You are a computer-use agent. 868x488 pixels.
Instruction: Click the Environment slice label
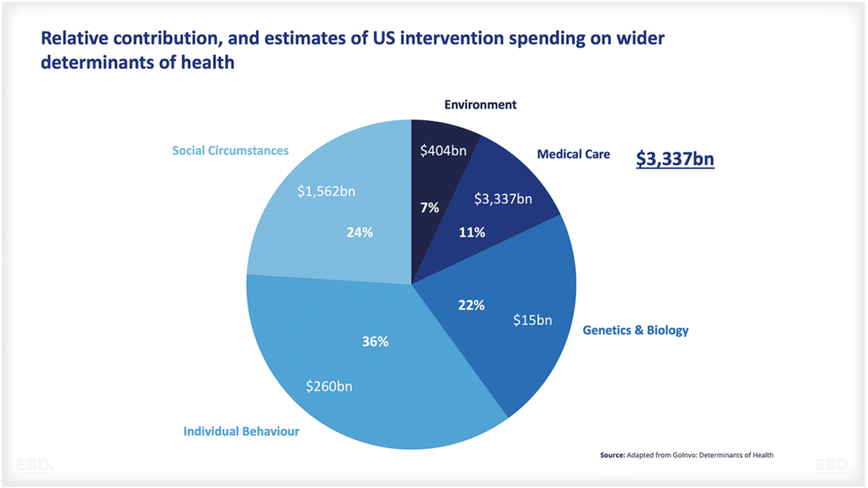(x=480, y=105)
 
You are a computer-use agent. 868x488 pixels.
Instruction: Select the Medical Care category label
(x=573, y=154)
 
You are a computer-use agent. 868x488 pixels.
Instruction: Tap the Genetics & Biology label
(x=635, y=330)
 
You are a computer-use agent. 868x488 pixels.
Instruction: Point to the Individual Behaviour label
(x=241, y=431)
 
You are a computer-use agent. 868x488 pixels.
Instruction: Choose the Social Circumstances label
(x=230, y=151)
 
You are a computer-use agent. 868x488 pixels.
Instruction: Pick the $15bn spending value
(x=532, y=320)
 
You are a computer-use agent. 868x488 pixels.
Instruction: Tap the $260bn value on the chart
(x=329, y=386)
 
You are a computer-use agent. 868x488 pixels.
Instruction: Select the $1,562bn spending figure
(x=325, y=191)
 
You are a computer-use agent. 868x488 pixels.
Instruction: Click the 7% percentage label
(x=430, y=208)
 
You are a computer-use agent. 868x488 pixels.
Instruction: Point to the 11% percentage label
(x=471, y=232)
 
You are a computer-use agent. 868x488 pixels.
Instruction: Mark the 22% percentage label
(x=471, y=305)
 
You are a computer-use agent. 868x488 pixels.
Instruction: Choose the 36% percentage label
(x=375, y=341)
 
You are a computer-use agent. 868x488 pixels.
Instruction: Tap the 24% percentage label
(x=359, y=232)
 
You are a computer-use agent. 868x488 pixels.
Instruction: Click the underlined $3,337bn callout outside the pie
(x=675, y=159)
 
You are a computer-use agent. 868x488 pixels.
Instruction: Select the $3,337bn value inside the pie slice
(x=503, y=199)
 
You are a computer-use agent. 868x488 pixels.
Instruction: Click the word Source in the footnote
(x=612, y=455)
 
